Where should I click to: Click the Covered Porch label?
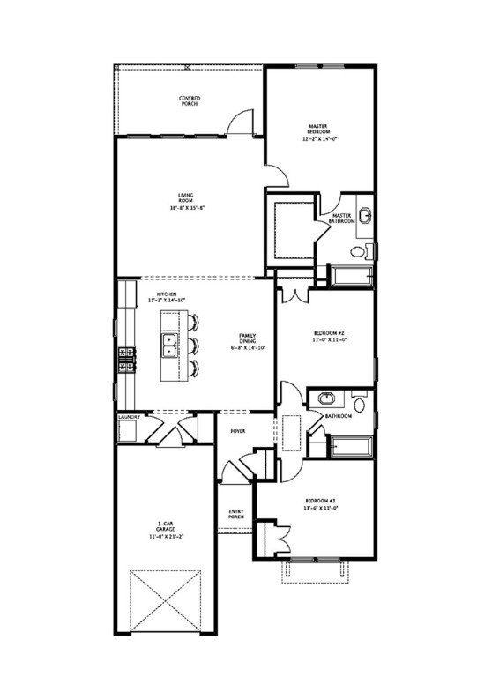(189, 101)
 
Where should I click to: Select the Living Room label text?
(185, 198)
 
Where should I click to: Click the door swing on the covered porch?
(238, 123)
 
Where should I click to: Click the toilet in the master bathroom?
(357, 252)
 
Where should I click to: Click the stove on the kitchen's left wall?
(124, 358)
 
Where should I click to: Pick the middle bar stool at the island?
(195, 344)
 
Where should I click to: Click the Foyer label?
(237, 431)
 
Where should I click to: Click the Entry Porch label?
(236, 514)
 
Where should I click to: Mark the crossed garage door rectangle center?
(167, 599)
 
